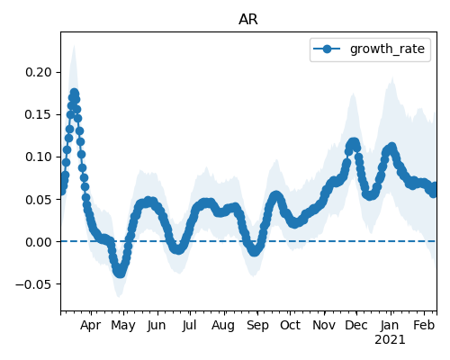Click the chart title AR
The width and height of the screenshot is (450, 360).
248,20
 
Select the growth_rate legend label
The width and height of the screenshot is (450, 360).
387,49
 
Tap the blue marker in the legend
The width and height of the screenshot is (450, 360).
327,49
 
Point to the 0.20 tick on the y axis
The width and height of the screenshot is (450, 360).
39,72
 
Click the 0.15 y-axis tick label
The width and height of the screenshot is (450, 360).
39,114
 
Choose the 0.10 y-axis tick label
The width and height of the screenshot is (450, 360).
39,157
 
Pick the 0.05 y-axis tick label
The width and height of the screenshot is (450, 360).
39,200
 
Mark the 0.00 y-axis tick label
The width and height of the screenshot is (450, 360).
39,242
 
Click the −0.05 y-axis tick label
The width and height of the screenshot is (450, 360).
33,284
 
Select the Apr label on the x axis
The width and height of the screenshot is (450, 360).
91,326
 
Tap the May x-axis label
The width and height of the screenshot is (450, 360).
123,326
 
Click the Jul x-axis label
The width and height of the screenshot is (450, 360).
190,326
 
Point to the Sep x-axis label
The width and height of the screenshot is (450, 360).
257,326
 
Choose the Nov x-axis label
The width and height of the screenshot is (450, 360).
324,326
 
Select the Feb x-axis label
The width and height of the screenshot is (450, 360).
424,326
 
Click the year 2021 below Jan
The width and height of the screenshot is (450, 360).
390,340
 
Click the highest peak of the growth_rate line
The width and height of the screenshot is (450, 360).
74,93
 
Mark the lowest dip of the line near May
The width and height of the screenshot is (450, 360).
120,273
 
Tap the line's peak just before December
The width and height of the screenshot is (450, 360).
354,142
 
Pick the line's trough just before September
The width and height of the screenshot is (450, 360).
255,251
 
